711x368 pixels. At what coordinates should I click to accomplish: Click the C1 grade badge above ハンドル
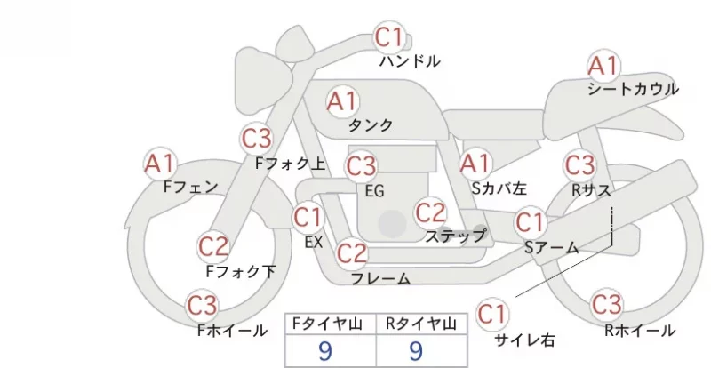click(x=389, y=37)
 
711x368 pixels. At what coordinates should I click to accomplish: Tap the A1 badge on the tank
click(x=343, y=101)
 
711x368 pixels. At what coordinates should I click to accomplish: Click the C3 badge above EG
click(x=361, y=166)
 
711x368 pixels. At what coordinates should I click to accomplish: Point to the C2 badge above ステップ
click(x=430, y=212)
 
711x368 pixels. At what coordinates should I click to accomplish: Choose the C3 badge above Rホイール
click(x=607, y=305)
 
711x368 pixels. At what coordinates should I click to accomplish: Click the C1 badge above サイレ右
click(x=492, y=314)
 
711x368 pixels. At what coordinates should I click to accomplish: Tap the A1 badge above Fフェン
click(x=160, y=164)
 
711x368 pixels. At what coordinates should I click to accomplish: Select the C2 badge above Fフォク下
click(x=213, y=246)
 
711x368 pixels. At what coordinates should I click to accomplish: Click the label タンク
click(x=371, y=124)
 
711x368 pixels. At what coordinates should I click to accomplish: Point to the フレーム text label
click(x=381, y=278)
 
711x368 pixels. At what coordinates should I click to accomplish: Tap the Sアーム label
click(x=552, y=247)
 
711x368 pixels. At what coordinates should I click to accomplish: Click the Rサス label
click(x=591, y=190)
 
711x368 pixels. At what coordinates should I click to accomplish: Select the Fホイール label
click(x=232, y=331)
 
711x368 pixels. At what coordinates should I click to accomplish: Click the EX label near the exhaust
click(x=314, y=243)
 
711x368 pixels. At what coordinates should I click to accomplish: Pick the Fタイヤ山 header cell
click(x=331, y=324)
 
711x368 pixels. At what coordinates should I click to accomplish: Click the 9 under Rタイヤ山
click(x=416, y=351)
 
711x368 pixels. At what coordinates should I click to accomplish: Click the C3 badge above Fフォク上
click(x=257, y=139)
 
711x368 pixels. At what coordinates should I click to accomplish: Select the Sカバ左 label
click(x=499, y=188)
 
